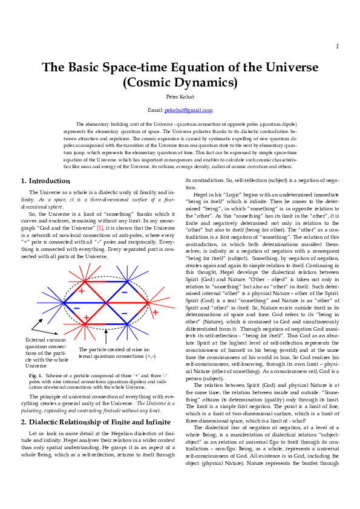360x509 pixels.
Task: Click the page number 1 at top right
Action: [337, 47]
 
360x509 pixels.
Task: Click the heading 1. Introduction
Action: [45, 181]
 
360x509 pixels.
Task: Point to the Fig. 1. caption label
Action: [36, 375]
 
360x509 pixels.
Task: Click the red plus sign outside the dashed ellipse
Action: [155, 312]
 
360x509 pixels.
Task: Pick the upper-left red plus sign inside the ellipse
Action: [82, 291]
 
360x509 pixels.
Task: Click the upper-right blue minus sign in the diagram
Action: [124, 291]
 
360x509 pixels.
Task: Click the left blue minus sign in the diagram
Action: [77, 308]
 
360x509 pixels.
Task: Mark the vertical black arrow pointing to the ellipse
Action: [106, 336]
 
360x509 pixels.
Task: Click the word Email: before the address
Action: [155, 110]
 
